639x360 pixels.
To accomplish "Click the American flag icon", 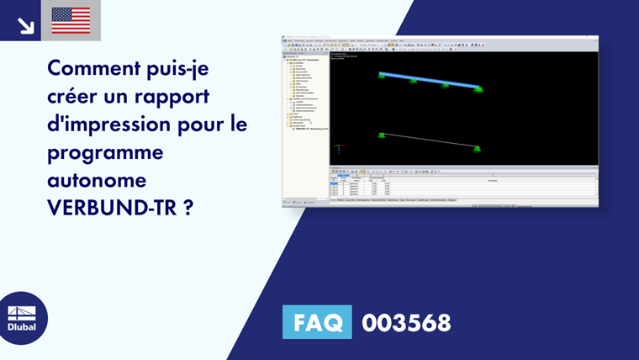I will click(71, 20).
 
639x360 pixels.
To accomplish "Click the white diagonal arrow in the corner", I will click(25, 24).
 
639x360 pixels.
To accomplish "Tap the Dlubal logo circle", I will click(22, 318).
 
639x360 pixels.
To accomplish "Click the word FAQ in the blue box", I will click(317, 322).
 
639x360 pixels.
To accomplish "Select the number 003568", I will click(406, 322).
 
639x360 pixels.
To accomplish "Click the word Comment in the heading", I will click(91, 66).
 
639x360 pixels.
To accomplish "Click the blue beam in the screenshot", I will click(430, 80).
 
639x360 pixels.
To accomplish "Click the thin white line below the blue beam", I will click(430, 140).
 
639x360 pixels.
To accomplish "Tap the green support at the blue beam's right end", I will click(478, 88).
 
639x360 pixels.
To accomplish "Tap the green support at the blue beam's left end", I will click(382, 77).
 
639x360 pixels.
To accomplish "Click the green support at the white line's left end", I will click(382, 135).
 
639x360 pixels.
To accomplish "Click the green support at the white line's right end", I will click(478, 149).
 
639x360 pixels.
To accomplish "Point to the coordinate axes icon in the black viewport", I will click(339, 149).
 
